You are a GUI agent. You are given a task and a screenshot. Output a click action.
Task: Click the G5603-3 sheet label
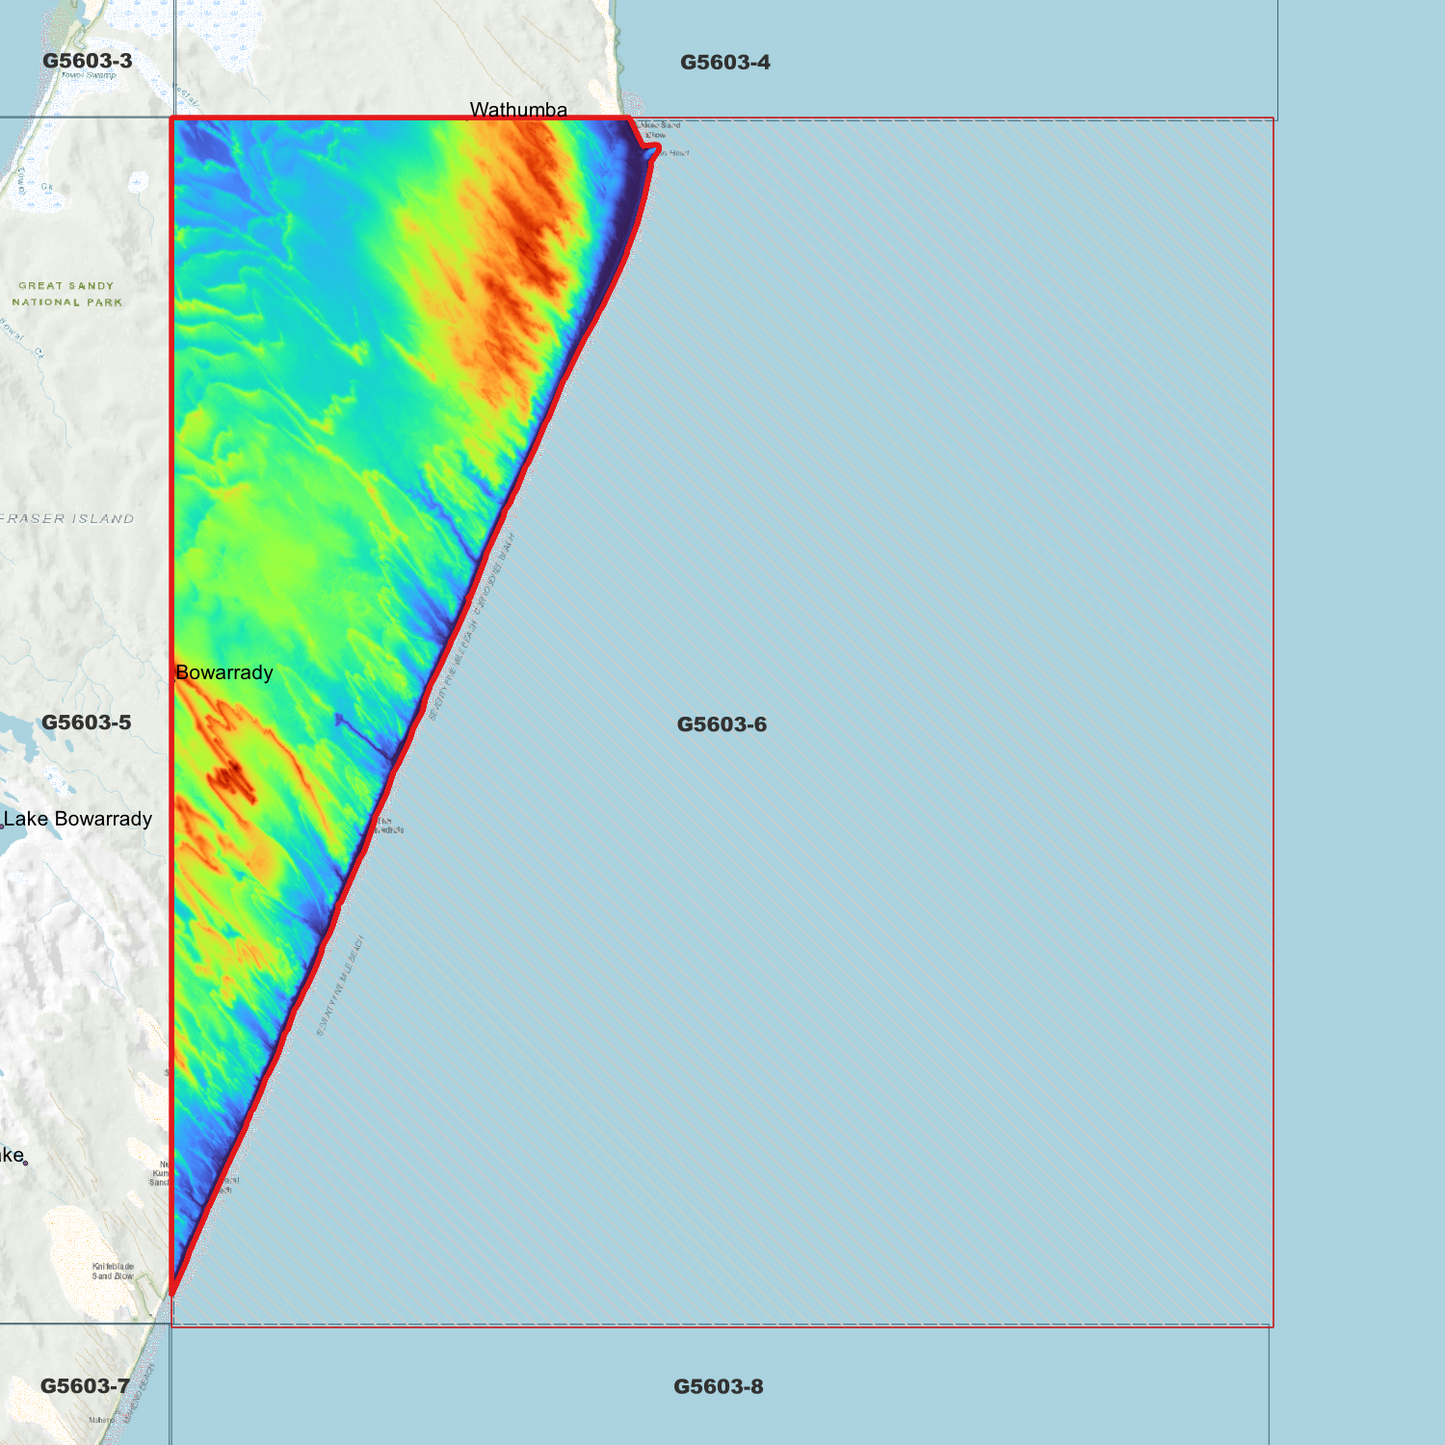coord(87,61)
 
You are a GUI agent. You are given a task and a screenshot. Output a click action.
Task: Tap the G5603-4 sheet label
coord(725,62)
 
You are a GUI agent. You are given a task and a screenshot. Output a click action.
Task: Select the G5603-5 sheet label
coord(86,722)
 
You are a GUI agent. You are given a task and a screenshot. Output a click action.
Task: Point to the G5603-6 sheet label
coord(721,724)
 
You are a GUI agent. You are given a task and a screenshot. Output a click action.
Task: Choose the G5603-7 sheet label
coord(85,1386)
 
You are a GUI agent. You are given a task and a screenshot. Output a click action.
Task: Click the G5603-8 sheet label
coord(718,1386)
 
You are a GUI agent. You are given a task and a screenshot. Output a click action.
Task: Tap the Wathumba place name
coord(518,109)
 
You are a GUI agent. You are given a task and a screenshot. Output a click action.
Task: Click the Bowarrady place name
coord(224,672)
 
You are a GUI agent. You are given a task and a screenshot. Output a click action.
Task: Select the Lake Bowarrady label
coord(78,819)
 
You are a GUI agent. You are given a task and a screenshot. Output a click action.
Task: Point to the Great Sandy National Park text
coord(67,294)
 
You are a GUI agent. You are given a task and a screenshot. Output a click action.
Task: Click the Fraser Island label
coord(68,519)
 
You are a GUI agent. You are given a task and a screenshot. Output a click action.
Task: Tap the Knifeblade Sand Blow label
coord(113,1271)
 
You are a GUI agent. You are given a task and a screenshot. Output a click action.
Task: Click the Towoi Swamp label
coord(88,75)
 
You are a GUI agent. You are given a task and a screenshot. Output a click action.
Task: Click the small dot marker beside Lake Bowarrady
coord(2,826)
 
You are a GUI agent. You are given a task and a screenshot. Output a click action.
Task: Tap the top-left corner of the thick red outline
coord(173,119)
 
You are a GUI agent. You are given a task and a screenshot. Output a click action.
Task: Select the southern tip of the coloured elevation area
coord(173,1291)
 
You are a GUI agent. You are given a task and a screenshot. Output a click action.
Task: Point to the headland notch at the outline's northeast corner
coord(654,151)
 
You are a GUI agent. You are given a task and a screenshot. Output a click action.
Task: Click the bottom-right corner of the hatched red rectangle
coord(1272,1325)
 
